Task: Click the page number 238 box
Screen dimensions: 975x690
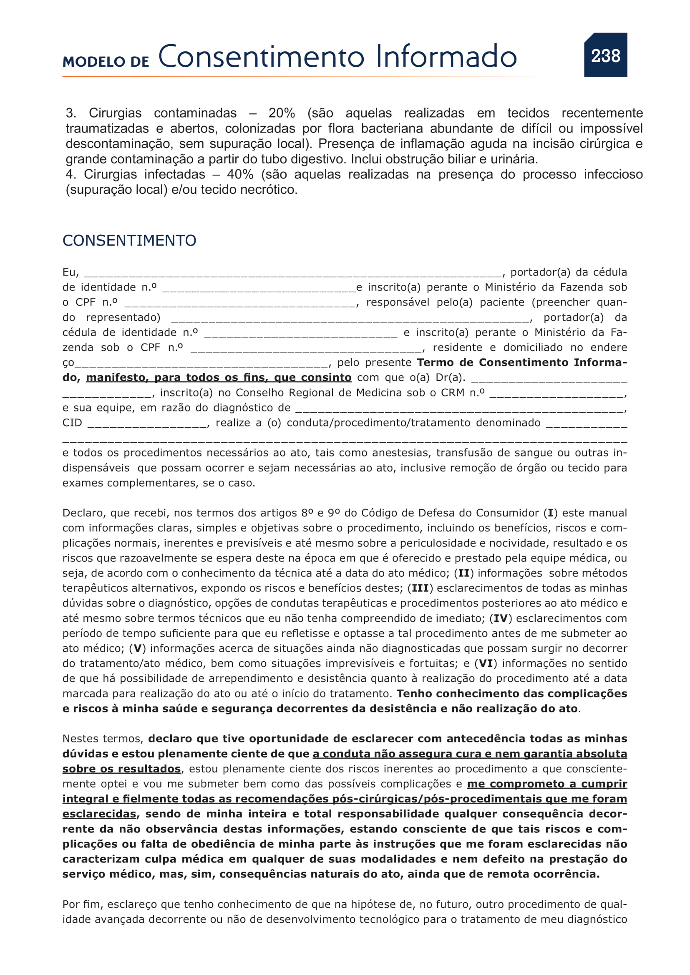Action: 605,55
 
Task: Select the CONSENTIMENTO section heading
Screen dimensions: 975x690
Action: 129,241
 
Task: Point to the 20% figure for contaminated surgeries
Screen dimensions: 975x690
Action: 281,113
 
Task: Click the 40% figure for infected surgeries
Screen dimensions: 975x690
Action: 240,175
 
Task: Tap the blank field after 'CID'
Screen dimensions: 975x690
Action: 147,424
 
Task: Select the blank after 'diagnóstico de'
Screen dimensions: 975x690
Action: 459,409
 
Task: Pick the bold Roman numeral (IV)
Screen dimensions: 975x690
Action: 500,618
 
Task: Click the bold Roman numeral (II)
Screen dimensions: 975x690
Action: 463,573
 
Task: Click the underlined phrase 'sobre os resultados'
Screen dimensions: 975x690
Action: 121,769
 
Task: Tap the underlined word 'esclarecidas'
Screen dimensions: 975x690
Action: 99,814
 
